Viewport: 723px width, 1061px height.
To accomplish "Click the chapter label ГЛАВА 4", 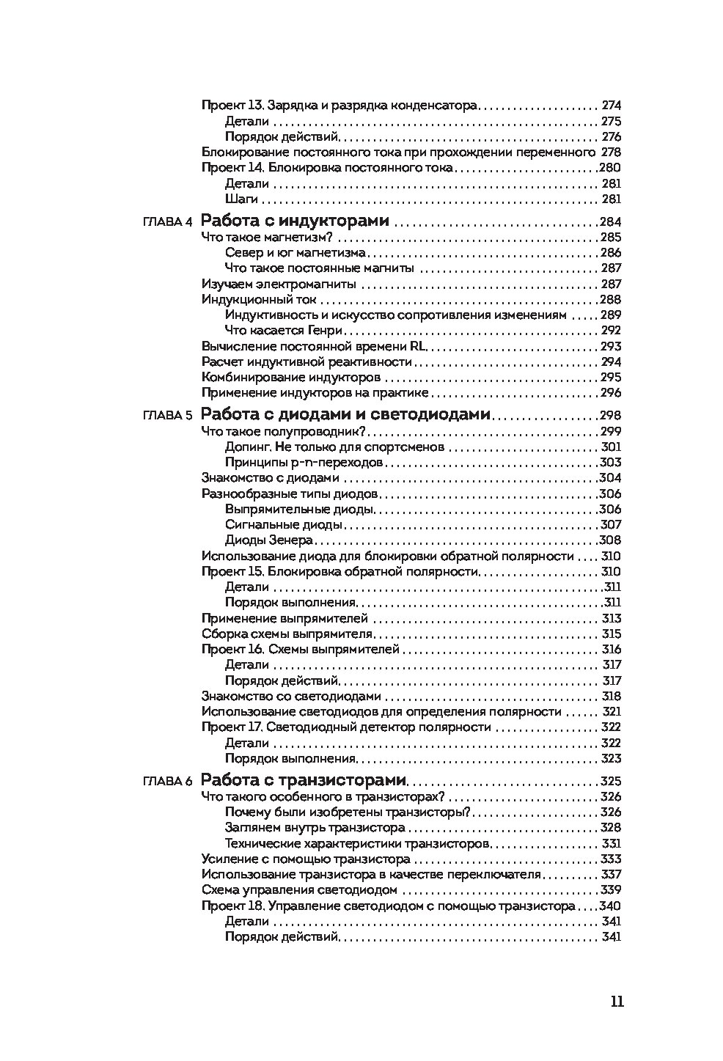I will (x=168, y=222).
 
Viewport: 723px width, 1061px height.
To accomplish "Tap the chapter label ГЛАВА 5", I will (x=168, y=415).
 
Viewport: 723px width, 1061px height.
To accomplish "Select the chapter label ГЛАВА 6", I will (x=168, y=781).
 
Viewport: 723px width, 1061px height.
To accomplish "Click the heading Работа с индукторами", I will (x=295, y=221).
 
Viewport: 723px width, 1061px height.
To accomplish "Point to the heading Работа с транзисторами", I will (x=304, y=780).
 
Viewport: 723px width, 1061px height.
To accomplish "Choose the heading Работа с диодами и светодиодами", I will (x=345, y=414).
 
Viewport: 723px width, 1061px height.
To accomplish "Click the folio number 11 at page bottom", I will (x=617, y=1002).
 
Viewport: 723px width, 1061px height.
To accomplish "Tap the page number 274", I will (x=611, y=106).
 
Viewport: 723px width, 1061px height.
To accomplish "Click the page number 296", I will (x=611, y=393).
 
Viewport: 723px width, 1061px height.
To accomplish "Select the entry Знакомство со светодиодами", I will (x=291, y=697).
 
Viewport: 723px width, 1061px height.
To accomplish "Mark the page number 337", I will (x=611, y=875).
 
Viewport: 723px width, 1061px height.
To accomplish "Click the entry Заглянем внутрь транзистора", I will (x=315, y=828).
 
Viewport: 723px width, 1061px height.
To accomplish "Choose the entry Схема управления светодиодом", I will (x=299, y=890).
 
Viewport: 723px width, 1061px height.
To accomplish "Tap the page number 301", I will (x=611, y=447).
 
